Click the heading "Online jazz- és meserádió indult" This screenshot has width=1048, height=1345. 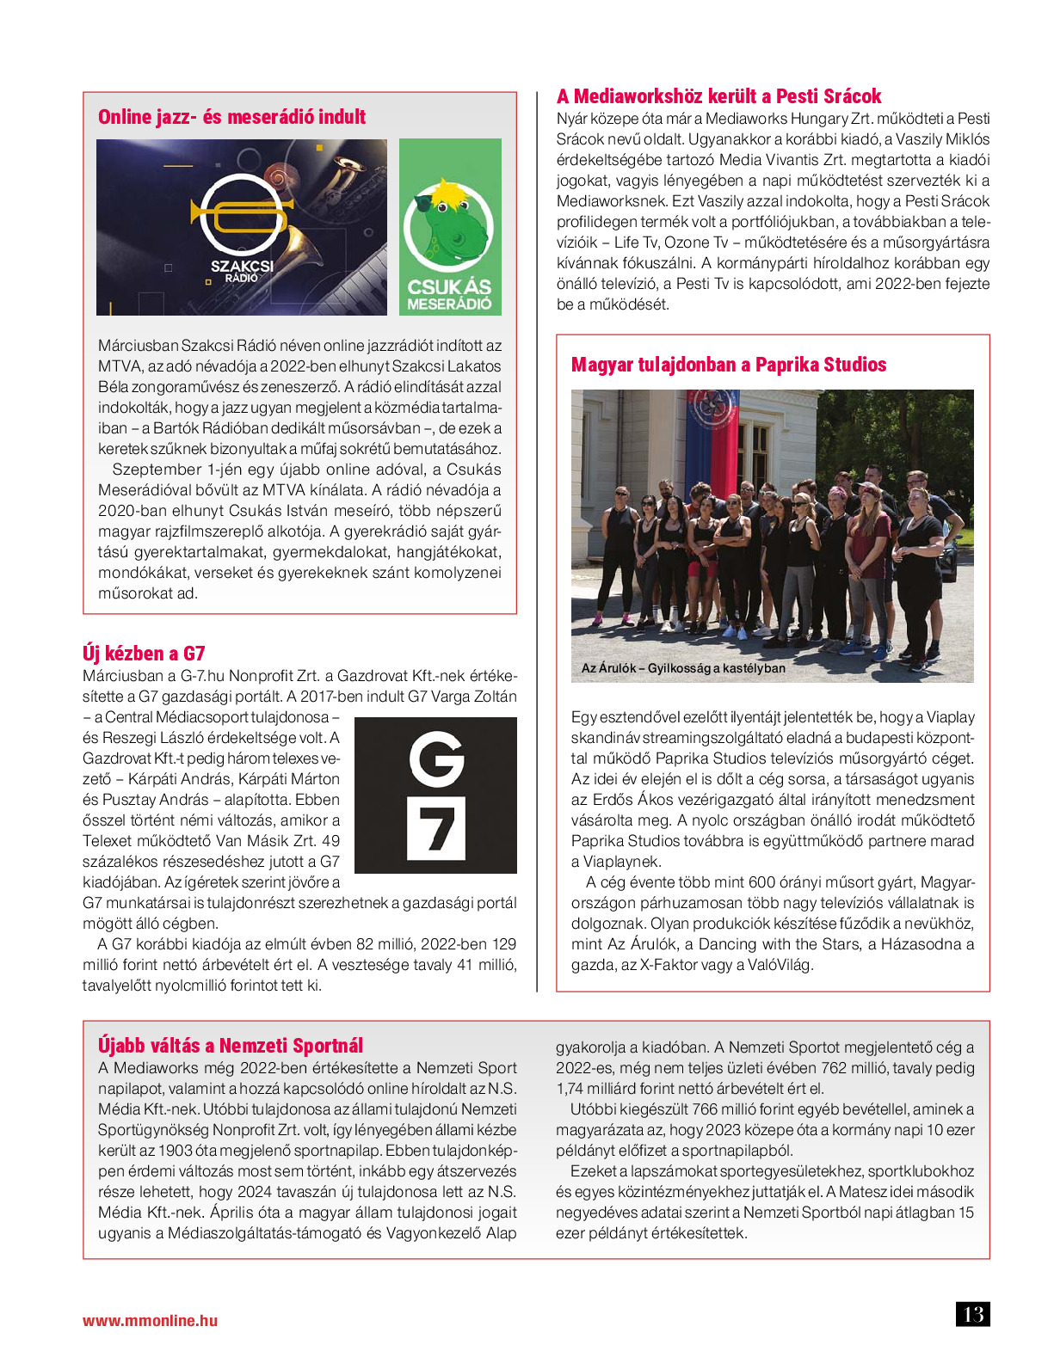[231, 117]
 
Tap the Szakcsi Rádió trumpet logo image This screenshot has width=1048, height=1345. [242, 227]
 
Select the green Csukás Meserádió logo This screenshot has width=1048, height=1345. [450, 227]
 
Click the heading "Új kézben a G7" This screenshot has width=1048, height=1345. [144, 653]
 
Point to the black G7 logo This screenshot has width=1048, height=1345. [435, 795]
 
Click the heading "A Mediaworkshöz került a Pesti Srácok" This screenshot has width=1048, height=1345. [718, 96]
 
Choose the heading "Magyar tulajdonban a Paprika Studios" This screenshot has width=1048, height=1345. [728, 365]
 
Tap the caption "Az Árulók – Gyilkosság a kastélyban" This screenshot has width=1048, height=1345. [683, 668]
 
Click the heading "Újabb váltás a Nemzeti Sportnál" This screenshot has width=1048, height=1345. [231, 1046]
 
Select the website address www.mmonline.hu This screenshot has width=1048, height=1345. [150, 1321]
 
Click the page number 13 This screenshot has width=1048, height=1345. [972, 1315]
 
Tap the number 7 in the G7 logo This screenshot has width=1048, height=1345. [436, 829]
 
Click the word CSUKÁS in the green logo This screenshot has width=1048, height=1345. [449, 286]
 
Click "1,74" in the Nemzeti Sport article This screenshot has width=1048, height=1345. [570, 1089]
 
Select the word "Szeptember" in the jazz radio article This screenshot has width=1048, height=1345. [157, 470]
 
